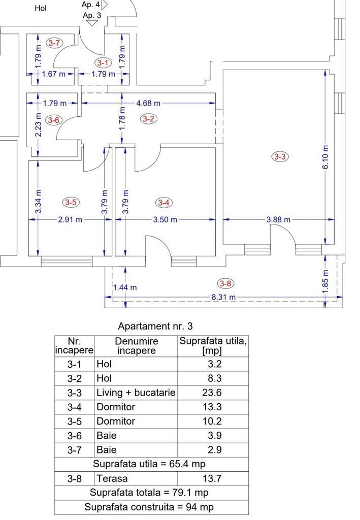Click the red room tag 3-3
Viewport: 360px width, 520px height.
point(280,156)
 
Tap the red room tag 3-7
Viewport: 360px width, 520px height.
point(54,43)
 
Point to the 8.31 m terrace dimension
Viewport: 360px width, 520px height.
point(224,297)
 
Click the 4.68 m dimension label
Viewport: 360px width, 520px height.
point(148,103)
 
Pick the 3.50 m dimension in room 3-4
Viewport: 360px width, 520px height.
point(165,219)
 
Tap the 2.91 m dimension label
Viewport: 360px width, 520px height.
point(70,219)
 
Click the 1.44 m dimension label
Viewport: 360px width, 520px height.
point(124,287)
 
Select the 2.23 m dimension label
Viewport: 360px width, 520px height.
point(38,125)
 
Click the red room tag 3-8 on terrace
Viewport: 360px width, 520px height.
point(225,283)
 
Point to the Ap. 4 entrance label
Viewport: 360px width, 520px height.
point(90,5)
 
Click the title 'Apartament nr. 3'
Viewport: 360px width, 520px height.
point(155,327)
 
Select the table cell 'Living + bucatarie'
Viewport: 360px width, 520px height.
point(136,393)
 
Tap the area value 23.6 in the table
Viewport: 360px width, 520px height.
point(212,393)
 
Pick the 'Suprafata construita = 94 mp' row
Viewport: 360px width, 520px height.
point(149,507)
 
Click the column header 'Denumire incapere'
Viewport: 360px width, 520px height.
point(136,346)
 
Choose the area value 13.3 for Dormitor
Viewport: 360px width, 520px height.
point(212,407)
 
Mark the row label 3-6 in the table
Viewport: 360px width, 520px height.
point(74,435)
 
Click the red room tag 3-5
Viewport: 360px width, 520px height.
point(71,202)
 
